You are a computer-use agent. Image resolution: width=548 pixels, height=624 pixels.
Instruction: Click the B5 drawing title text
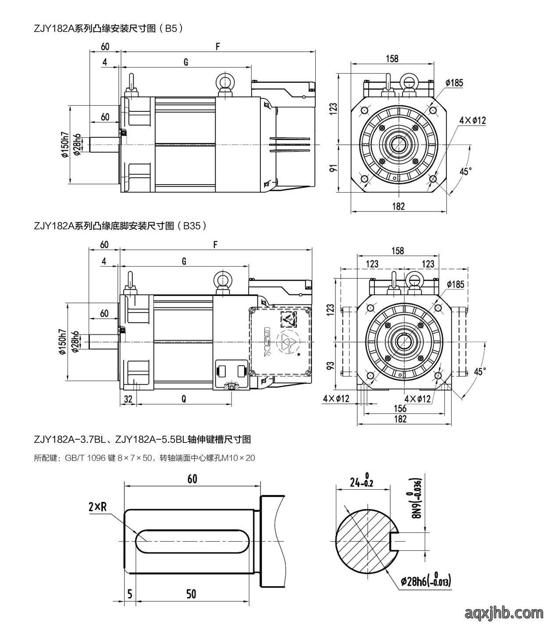coord(108,29)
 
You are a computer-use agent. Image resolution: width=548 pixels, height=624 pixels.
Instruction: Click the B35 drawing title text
coord(120,226)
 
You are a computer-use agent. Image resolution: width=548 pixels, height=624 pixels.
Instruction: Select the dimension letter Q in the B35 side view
coord(184,399)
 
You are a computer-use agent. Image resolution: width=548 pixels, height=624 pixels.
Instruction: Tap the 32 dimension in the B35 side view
coord(128,399)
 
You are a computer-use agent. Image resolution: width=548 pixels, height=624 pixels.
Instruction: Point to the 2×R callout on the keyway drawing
coord(98,506)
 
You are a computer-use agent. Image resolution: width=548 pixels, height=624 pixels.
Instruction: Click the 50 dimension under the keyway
coord(191,594)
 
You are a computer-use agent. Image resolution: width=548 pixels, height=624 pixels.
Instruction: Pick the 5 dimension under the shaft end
coord(130,594)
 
